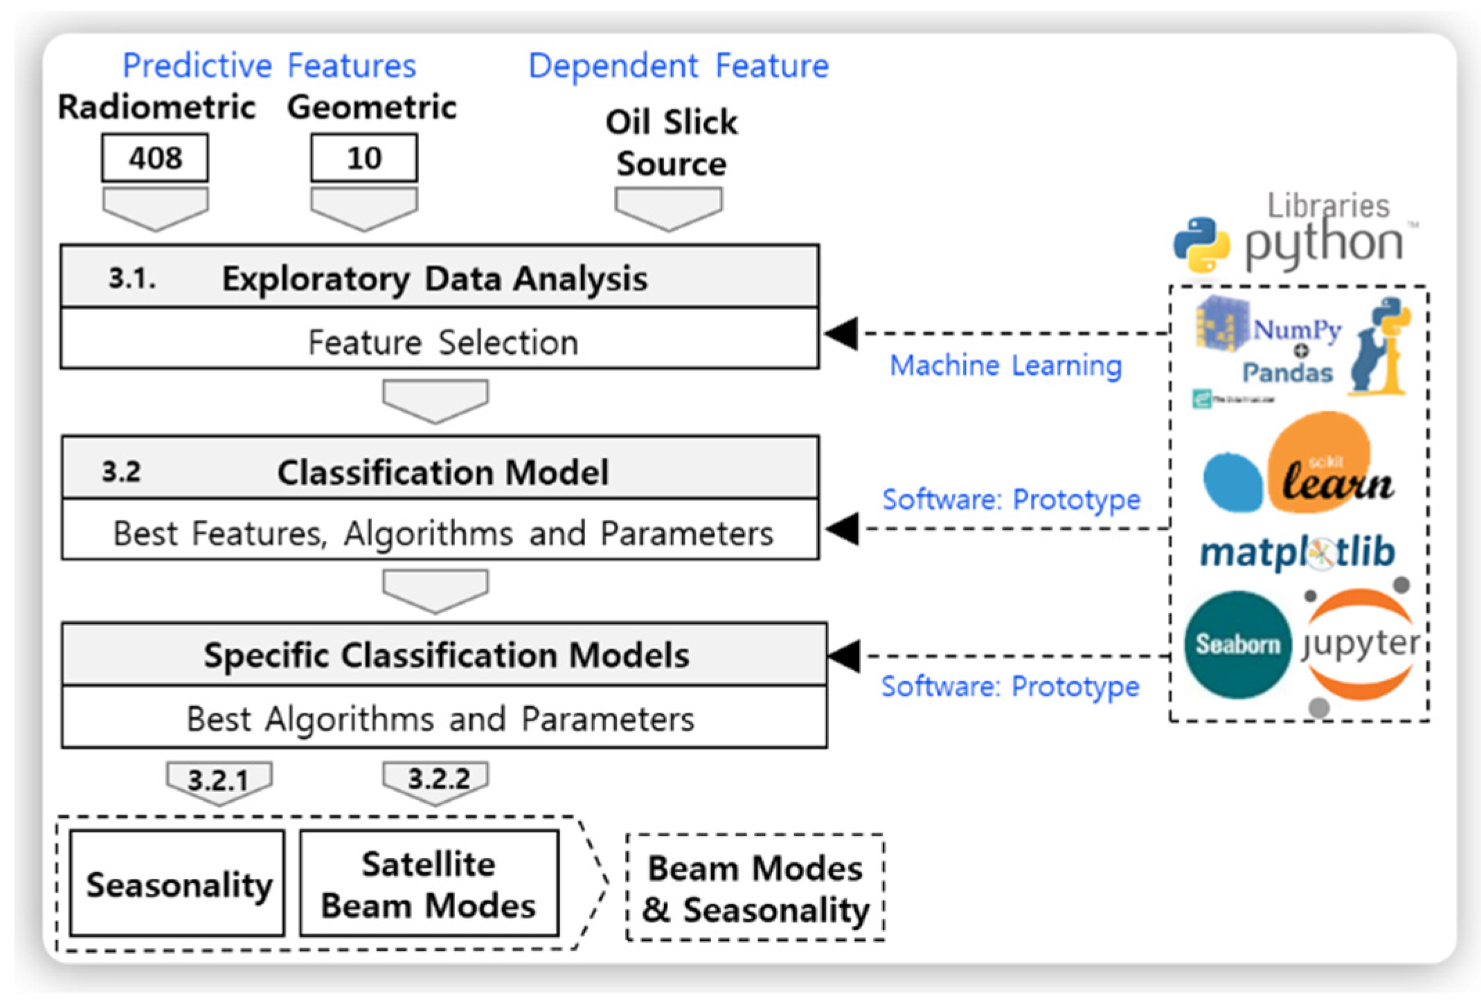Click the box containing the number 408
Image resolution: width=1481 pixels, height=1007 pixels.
coord(155,158)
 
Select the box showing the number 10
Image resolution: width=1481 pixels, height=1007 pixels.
coord(364,158)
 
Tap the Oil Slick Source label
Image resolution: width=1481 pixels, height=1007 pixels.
coord(671,143)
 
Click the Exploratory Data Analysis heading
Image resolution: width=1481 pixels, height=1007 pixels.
coord(434,279)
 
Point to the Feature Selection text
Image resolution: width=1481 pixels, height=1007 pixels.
coord(442,342)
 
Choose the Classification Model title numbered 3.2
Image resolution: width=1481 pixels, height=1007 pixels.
coord(442,473)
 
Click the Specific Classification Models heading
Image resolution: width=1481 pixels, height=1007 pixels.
coord(446,655)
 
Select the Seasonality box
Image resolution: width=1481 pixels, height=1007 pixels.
coord(178,884)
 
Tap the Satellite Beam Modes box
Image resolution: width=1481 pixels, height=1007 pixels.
coord(429,884)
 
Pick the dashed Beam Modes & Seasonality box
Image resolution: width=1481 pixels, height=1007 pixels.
coord(755,888)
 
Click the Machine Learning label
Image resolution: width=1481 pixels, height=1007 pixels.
coord(1005,365)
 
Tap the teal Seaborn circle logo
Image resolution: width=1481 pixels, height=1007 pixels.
coord(1238,644)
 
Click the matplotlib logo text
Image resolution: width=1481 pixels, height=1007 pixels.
coord(1297,552)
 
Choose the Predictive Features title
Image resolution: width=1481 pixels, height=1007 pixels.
coord(269,66)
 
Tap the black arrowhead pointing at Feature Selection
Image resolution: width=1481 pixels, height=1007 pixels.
coord(842,334)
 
